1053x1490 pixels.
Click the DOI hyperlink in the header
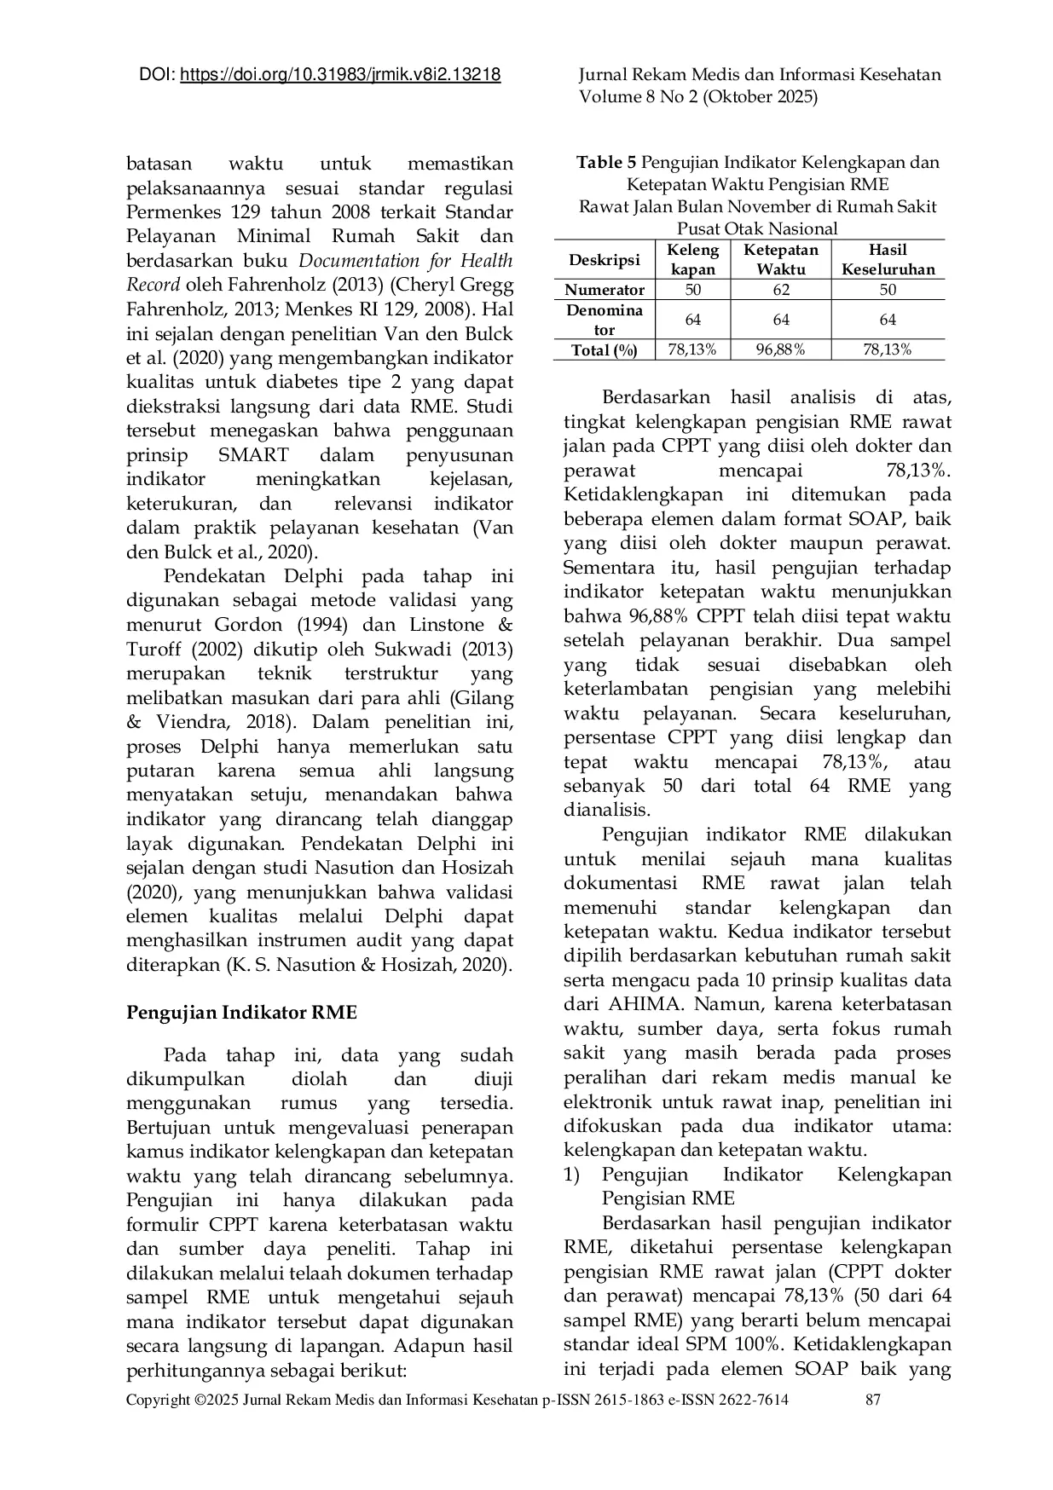click(x=341, y=75)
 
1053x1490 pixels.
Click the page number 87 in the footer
click(x=872, y=1400)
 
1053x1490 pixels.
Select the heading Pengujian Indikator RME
click(x=241, y=1013)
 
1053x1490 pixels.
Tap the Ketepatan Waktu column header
click(x=780, y=259)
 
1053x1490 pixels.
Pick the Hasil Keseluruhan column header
click(x=888, y=259)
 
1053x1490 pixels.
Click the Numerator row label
click(x=605, y=290)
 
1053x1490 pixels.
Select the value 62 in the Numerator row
click(x=780, y=290)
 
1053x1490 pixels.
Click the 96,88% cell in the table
click(x=780, y=349)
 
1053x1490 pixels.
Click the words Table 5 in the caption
click(x=605, y=162)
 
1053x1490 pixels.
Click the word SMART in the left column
click(x=253, y=454)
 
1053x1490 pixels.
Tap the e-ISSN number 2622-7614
click(x=746, y=1400)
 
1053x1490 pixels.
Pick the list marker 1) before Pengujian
click(x=571, y=1175)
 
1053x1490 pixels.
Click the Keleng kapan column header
click(x=692, y=259)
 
